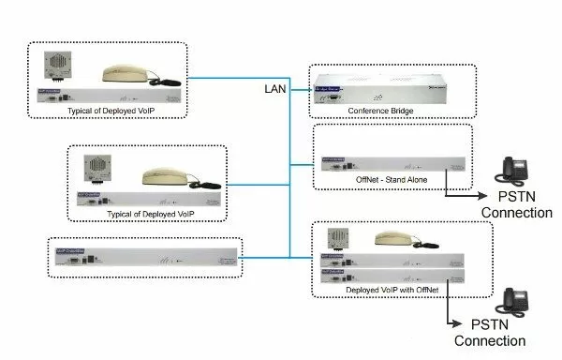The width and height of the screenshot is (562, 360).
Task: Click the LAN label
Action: point(274,88)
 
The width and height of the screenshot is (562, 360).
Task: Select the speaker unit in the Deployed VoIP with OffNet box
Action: point(337,239)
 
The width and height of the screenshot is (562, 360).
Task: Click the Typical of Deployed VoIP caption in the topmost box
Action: point(106,111)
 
